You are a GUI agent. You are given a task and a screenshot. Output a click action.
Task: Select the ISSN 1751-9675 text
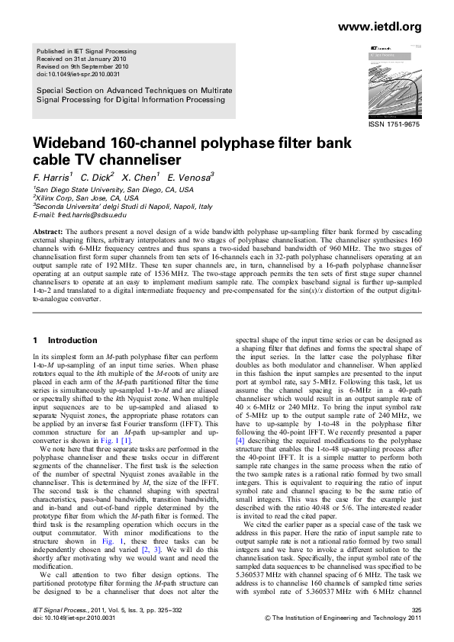394,124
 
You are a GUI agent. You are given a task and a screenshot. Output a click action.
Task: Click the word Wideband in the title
68,145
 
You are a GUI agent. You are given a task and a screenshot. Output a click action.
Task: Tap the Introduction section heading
72,340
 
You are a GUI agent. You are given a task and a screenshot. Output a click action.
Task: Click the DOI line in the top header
79,74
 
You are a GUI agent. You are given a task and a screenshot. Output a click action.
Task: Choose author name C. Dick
98,177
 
